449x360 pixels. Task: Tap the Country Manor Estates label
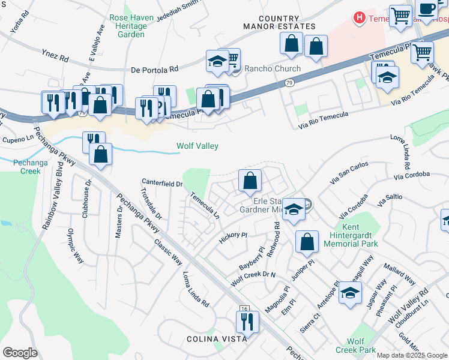click(279, 23)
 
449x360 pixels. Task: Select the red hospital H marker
click(360, 18)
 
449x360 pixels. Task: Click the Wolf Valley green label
click(197, 146)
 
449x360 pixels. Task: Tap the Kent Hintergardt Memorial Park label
click(351, 236)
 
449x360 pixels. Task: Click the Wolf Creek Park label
click(355, 346)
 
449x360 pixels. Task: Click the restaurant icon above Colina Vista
click(247, 322)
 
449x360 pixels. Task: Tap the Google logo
click(20, 353)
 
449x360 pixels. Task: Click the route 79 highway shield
click(290, 83)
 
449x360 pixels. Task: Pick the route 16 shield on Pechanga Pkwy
click(244, 308)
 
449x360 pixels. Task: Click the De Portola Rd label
click(155, 70)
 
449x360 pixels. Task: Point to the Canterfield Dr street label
click(162, 182)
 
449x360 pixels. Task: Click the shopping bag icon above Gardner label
click(250, 180)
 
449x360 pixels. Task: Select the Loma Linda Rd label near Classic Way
click(196, 287)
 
